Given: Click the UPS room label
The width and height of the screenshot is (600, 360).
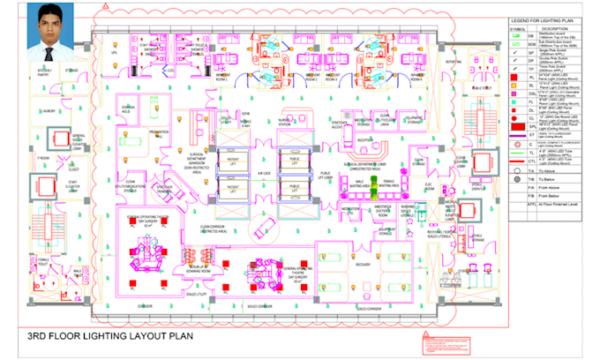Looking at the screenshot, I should tap(114, 53).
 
